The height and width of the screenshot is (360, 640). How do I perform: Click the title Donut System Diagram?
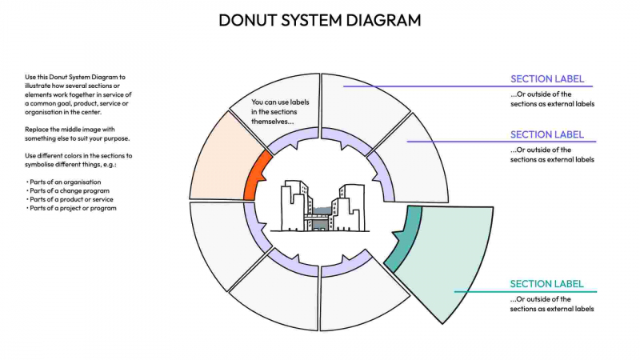(x=320, y=20)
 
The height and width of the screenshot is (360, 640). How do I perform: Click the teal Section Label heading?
(x=547, y=284)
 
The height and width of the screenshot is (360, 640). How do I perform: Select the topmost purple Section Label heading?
(x=547, y=79)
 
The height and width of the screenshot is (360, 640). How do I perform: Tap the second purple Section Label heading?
(x=547, y=134)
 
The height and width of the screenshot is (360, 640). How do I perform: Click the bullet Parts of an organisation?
(x=64, y=182)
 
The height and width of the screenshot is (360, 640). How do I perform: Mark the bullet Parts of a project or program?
(x=71, y=208)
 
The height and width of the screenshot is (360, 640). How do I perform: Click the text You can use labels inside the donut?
(x=279, y=112)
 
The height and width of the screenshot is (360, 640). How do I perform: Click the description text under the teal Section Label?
(x=552, y=304)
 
